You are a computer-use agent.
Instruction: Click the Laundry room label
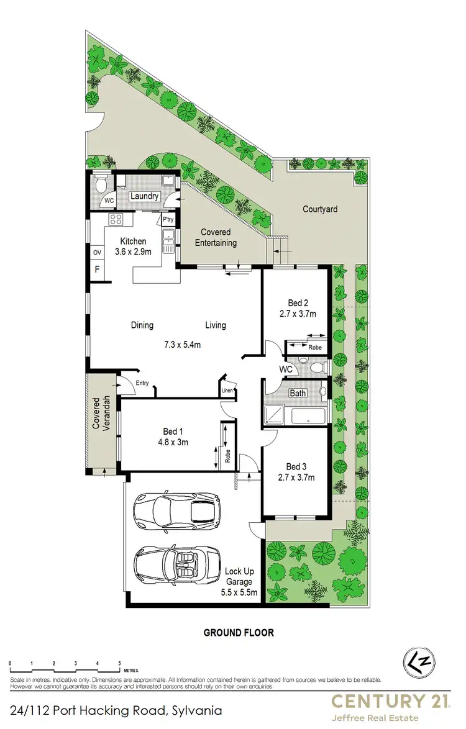click(x=145, y=196)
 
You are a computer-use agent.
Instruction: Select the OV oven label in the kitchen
click(x=97, y=253)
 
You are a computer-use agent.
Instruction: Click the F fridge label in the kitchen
click(x=97, y=269)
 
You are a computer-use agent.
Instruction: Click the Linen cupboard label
click(x=227, y=391)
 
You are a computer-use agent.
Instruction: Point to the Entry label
click(x=142, y=383)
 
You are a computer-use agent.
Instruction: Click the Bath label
click(x=298, y=393)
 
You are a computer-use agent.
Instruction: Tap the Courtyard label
click(x=320, y=209)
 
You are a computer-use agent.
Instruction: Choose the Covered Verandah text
click(x=101, y=414)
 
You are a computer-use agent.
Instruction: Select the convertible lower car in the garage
click(x=177, y=566)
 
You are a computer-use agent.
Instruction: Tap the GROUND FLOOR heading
click(x=239, y=633)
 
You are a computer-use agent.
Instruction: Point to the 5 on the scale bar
click(x=119, y=664)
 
